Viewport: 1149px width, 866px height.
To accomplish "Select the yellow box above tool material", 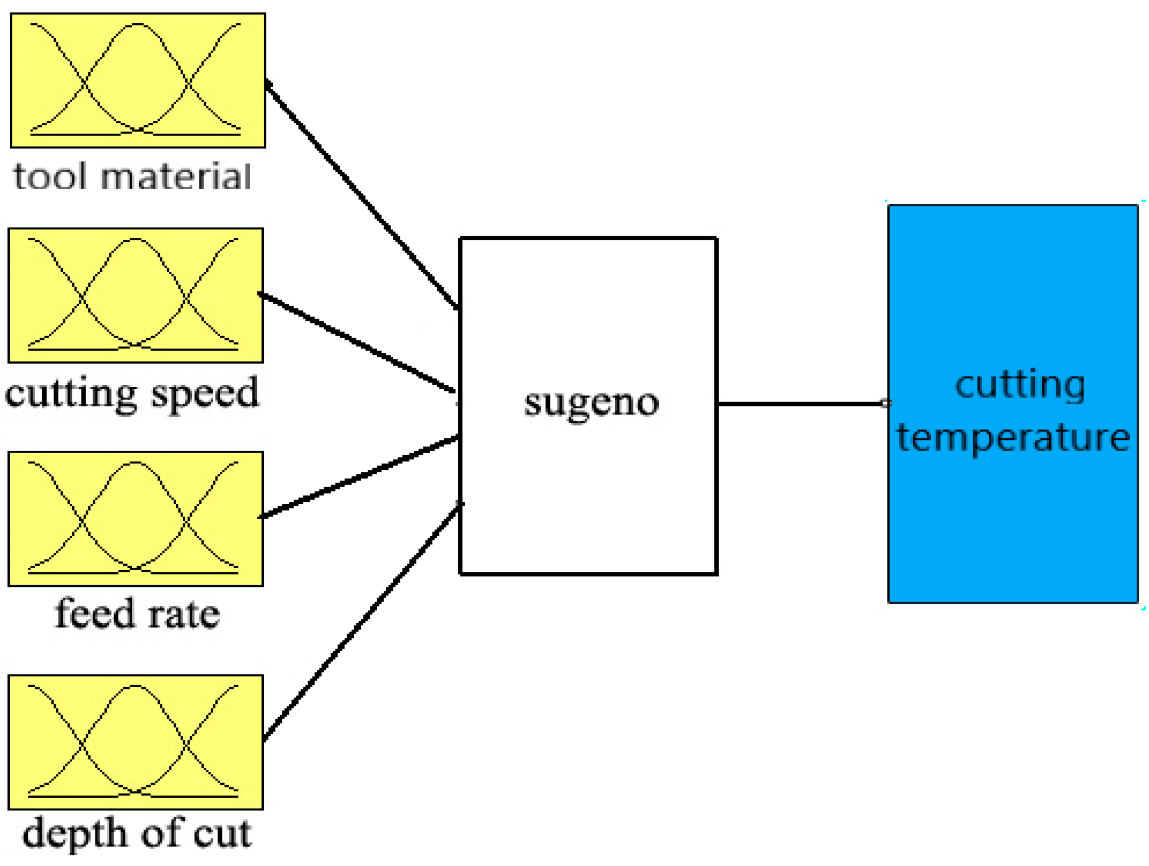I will [138, 80].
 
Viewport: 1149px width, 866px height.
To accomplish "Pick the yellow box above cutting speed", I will [135, 295].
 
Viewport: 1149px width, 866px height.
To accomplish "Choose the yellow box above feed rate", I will [135, 519].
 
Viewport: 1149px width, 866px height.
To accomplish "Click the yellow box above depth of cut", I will [135, 742].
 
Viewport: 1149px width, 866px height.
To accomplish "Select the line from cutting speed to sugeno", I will [358, 342].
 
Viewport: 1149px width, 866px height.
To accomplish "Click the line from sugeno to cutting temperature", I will [802, 404].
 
